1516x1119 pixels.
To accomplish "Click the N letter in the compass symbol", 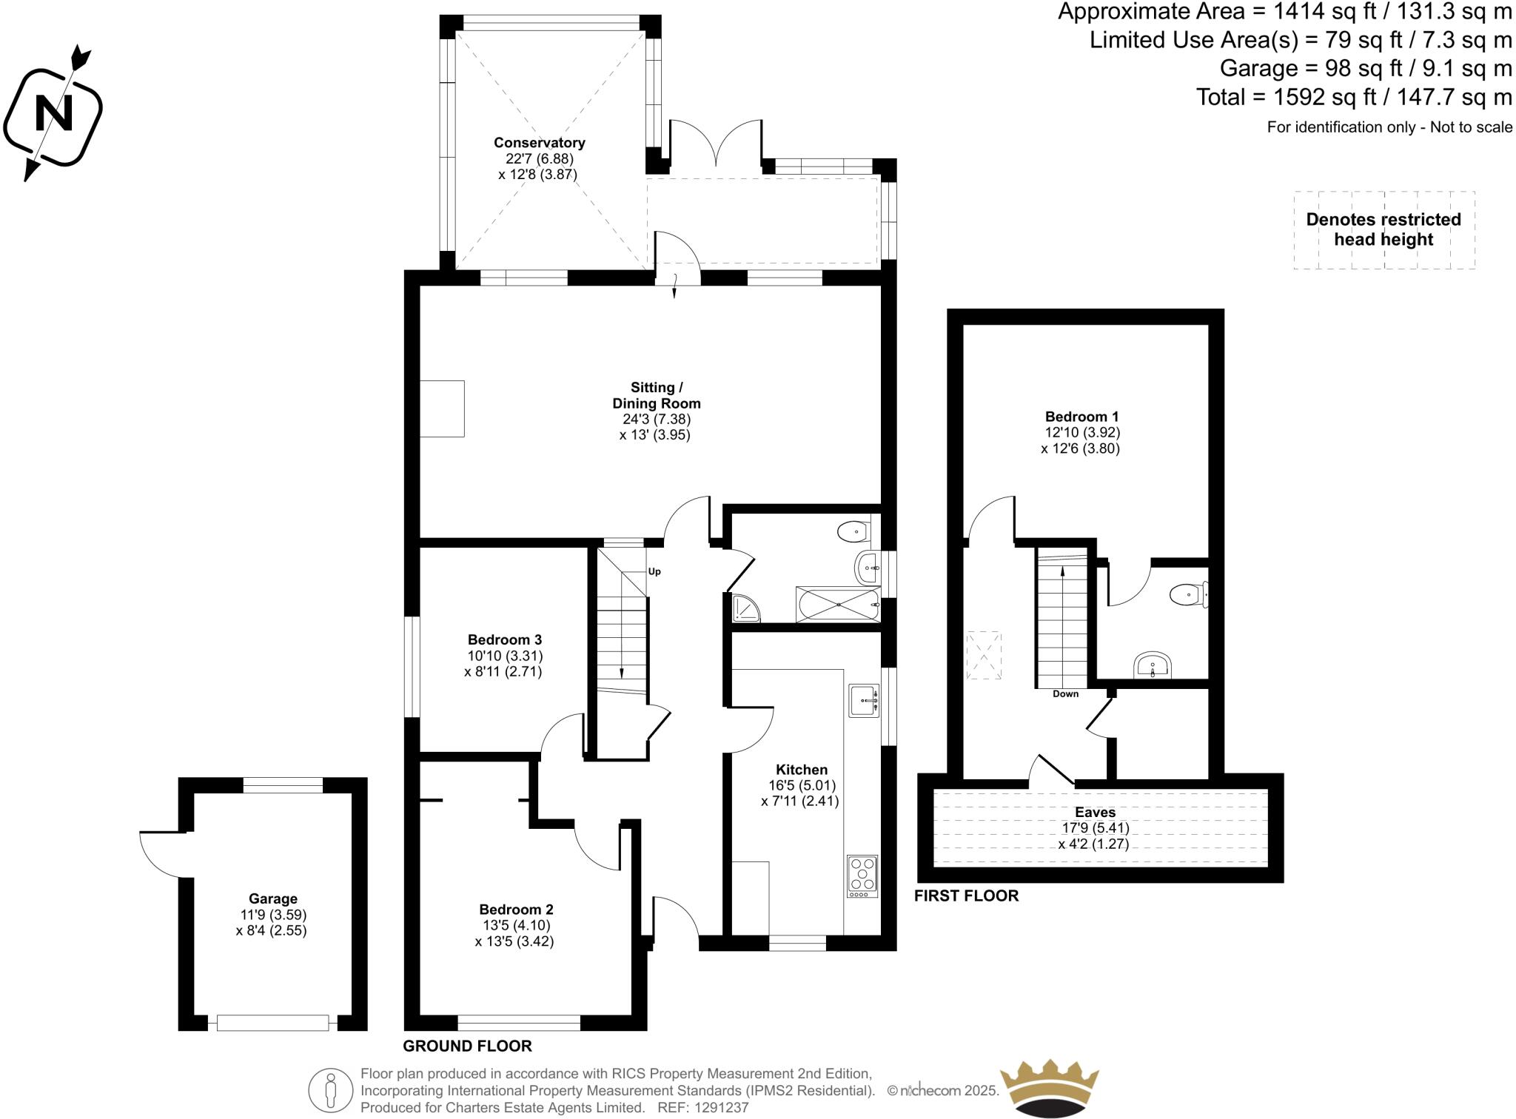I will pos(54,114).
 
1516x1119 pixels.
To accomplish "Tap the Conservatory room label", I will pos(539,143).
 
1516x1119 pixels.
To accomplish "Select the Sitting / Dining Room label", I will pos(656,395).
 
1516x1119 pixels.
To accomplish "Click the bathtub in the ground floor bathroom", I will pos(838,605).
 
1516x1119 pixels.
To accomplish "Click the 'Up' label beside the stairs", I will pos(654,571).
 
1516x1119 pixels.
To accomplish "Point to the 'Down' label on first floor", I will pos(1065,694).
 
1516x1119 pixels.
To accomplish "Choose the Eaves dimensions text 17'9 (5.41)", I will pos(1095,828).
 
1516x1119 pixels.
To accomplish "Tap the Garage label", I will pos(272,898).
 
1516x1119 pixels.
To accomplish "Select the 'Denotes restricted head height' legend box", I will pos(1383,229).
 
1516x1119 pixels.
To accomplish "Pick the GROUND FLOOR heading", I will pos(467,1046).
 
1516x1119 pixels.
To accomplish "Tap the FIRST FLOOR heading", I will pos(966,895).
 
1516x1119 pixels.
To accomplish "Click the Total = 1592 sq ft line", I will pos(1353,97).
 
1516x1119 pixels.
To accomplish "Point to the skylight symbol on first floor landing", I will pos(984,655).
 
